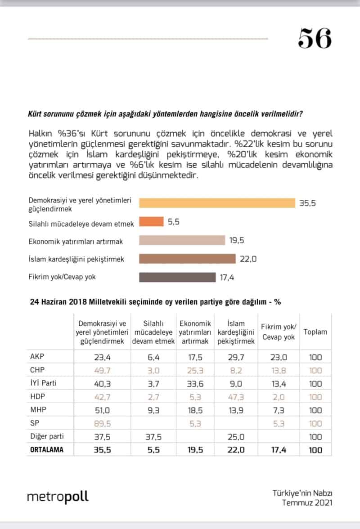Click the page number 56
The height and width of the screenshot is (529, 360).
(315, 39)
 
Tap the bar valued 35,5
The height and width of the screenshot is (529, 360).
(216, 203)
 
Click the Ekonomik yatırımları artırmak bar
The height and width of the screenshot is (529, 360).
(182, 240)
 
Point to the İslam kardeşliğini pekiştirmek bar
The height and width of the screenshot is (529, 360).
(187, 259)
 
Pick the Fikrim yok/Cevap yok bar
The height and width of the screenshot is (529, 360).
(177, 277)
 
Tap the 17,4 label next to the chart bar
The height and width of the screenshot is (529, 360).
(228, 277)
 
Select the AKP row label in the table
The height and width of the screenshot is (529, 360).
(35, 357)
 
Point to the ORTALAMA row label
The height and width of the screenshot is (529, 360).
(47, 449)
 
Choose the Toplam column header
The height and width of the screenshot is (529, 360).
(315, 332)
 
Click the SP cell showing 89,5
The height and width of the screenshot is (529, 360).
(102, 423)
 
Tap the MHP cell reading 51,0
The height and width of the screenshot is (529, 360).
(102, 410)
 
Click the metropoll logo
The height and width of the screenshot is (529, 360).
(58, 497)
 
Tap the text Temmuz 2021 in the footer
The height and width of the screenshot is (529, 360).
(307, 502)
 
